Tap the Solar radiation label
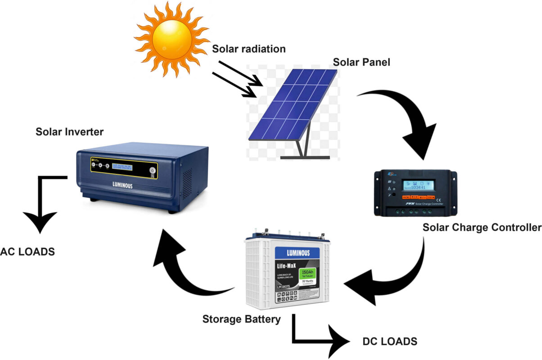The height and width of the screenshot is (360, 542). pos(249,49)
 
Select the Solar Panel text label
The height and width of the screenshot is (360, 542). pos(361,62)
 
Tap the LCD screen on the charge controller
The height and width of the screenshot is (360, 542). pos(418,185)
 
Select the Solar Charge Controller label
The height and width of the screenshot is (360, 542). pos(482,228)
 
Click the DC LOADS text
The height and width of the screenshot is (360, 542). pos(390,342)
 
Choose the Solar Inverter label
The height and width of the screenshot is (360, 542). pos(70,132)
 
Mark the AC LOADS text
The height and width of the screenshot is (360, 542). pos(28,252)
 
